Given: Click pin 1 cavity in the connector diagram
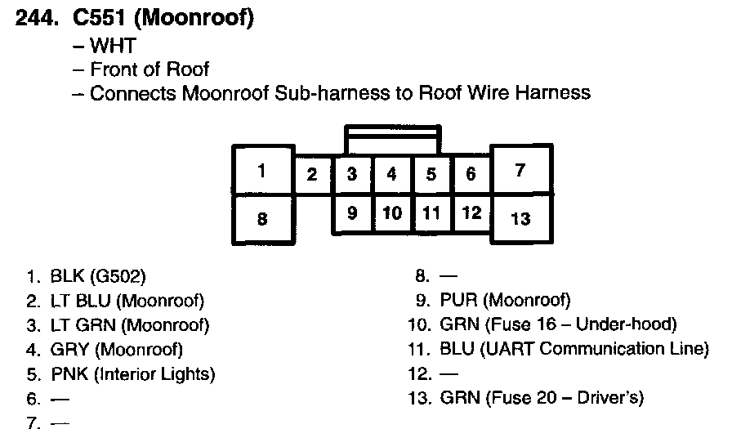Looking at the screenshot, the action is click(x=262, y=171).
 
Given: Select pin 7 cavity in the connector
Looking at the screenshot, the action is click(x=520, y=171).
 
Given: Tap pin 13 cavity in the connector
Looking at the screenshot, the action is click(x=520, y=218).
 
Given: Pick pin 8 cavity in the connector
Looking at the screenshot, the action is click(x=262, y=218).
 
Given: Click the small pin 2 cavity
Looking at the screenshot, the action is click(x=312, y=174).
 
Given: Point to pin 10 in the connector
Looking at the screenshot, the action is click(x=392, y=213).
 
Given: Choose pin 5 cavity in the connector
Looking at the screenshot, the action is click(x=431, y=174).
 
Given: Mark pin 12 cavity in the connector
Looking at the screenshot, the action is click(x=471, y=213).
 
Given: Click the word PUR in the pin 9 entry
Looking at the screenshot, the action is click(x=457, y=301).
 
